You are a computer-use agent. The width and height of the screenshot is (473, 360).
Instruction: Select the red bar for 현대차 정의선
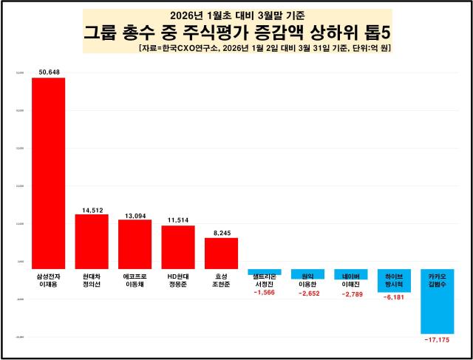92,241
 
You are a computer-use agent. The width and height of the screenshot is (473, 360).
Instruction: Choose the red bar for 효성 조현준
221,253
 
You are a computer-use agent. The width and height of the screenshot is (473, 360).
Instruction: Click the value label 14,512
92,209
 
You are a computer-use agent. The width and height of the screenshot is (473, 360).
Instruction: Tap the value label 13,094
135,214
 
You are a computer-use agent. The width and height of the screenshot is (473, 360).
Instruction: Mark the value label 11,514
178,220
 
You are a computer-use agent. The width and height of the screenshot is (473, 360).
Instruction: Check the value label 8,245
221,232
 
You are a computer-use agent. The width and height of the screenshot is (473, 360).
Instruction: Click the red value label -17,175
438,340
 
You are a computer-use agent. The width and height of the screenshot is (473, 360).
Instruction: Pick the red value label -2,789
351,294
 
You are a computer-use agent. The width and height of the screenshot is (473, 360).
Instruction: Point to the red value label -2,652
307,293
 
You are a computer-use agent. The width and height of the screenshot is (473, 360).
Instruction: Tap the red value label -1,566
265,293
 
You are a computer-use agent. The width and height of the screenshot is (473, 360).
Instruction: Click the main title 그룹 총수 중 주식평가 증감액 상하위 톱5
236,33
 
